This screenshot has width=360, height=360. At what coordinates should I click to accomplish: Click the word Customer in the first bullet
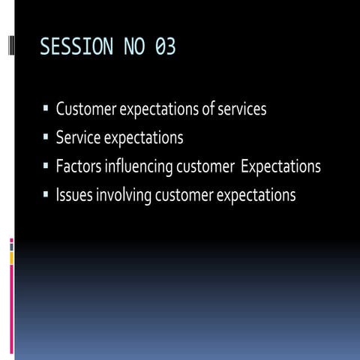(x=83, y=109)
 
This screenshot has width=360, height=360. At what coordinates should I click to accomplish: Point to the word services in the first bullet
(x=241, y=109)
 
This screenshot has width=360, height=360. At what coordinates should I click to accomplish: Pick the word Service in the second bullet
(x=77, y=138)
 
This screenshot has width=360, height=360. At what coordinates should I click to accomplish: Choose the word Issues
(x=73, y=195)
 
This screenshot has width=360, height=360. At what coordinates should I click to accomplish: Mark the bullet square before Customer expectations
(x=46, y=109)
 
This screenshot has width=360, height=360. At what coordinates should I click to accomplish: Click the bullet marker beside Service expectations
(x=46, y=138)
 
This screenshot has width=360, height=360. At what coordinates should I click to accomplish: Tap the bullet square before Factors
(x=46, y=166)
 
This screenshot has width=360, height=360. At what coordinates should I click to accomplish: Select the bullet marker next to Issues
(x=46, y=195)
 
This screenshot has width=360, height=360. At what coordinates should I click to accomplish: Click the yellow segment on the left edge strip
(x=11, y=257)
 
